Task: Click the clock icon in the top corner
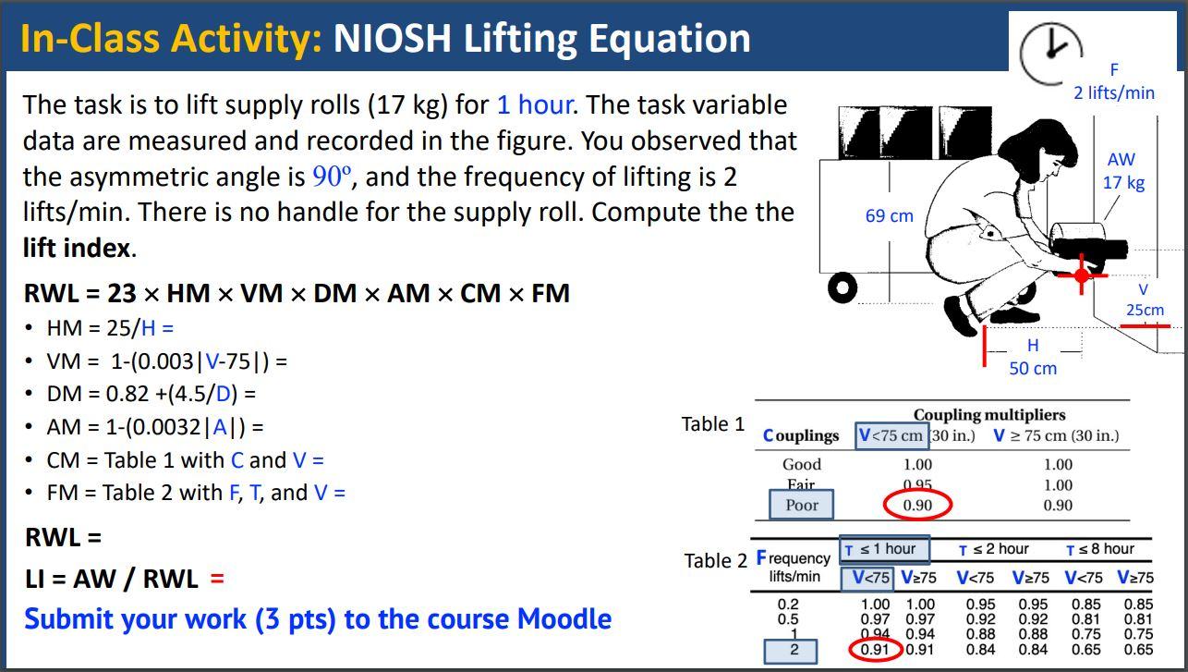pos(1050,51)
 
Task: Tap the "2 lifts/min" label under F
pos(1113,92)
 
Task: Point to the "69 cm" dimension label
pos(889,215)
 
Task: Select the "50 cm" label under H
pos(1032,368)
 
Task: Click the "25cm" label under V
pos(1144,310)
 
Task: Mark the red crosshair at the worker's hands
pos(1082,275)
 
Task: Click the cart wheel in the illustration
pos(842,287)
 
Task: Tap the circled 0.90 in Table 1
pos(916,505)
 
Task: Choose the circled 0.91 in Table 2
pos(874,649)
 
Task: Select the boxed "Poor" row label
pos(801,505)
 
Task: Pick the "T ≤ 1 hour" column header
pos(884,549)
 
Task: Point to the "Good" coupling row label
pos(801,464)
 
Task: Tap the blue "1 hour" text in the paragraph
pos(535,104)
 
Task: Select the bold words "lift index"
pos(77,248)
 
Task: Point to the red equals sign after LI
pos(217,579)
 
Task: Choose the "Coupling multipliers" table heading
pos(989,415)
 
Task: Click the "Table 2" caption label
pos(715,560)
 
